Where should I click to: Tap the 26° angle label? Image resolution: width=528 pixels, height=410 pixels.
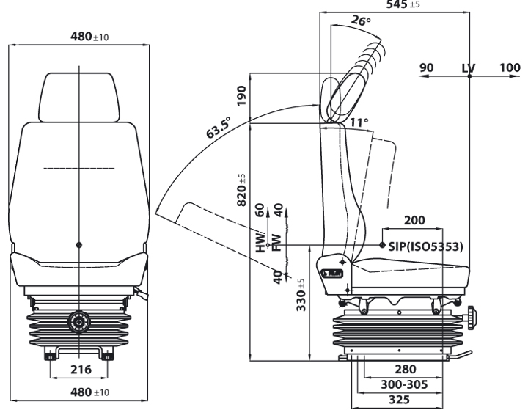[361, 21]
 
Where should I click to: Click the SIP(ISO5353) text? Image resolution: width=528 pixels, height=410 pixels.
[425, 246]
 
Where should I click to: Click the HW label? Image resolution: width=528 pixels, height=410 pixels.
[260, 244]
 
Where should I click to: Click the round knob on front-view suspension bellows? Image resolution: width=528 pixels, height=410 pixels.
[79, 321]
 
